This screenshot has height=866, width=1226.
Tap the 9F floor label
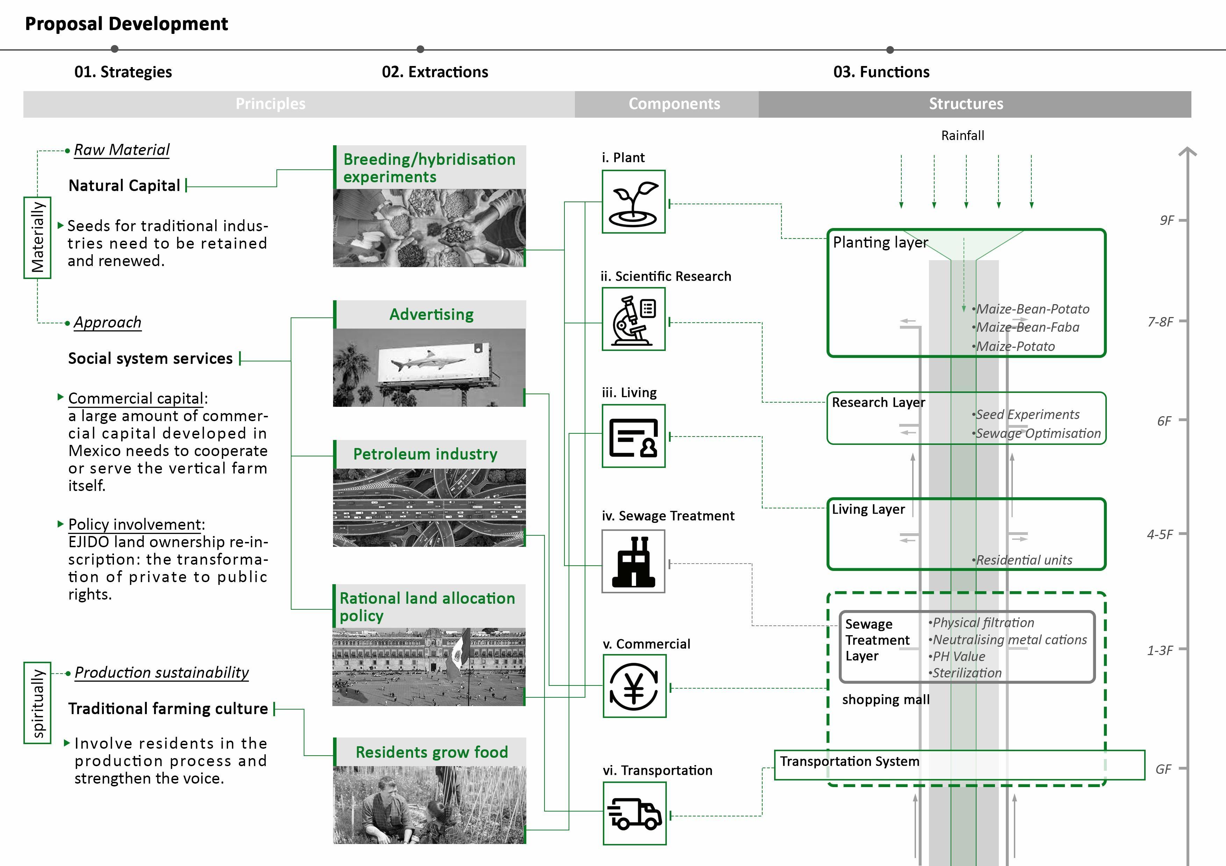point(1167,220)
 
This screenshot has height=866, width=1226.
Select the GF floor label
point(1163,769)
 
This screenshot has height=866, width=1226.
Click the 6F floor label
point(1164,421)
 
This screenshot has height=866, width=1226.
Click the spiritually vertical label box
point(37,703)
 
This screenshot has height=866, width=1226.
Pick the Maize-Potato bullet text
point(1015,346)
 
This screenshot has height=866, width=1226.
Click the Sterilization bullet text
point(966,673)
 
